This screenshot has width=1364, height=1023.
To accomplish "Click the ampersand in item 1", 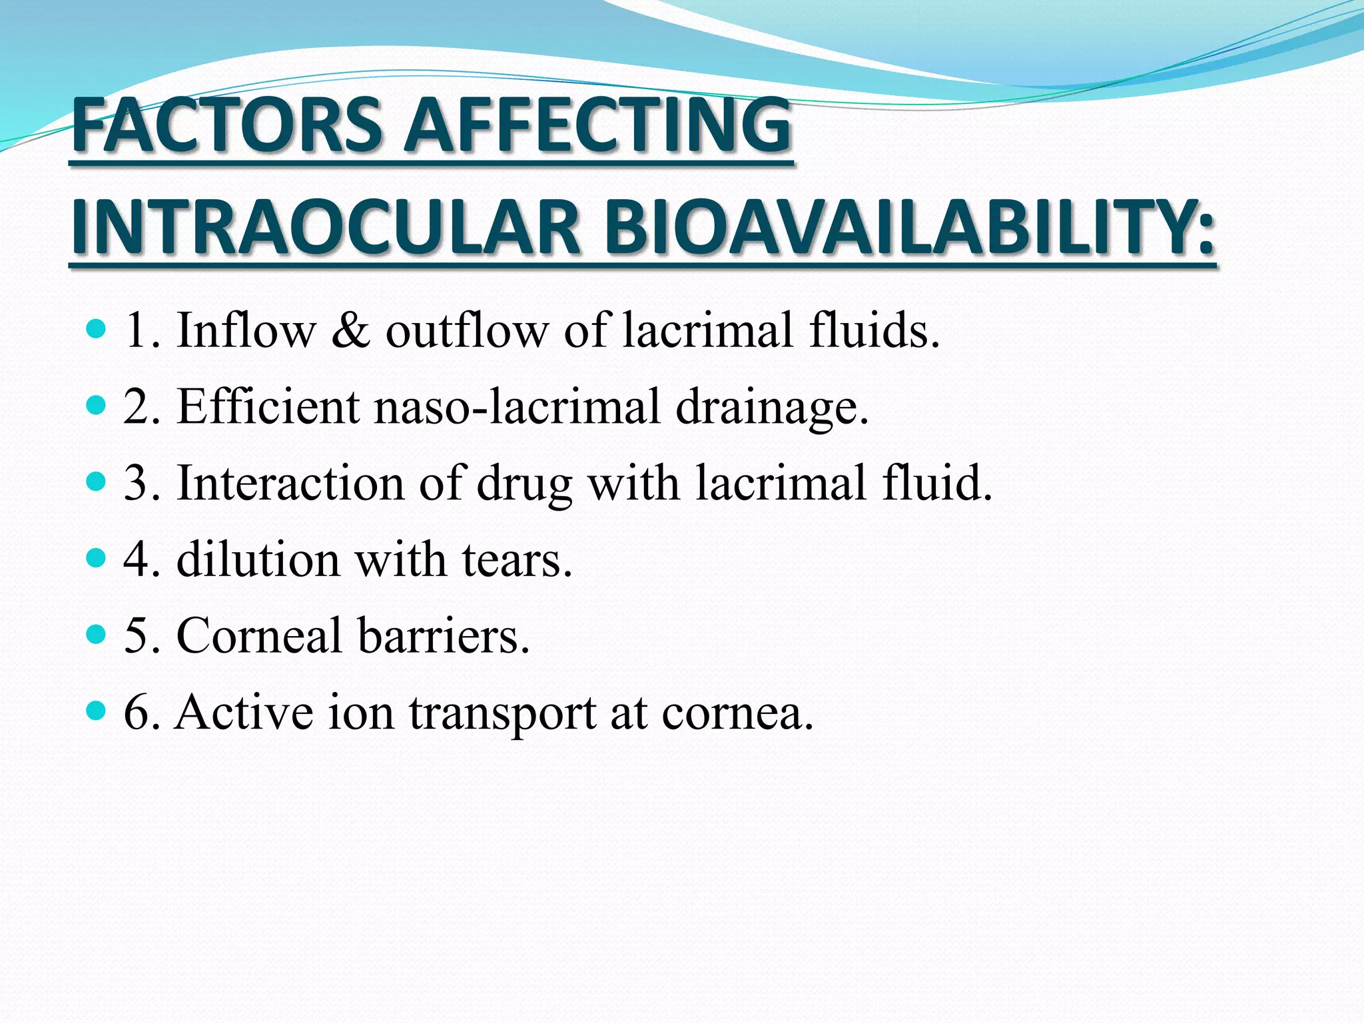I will point(350,330).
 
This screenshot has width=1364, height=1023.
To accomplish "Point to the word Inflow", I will point(246,330).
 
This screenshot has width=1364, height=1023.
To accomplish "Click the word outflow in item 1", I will point(466,330).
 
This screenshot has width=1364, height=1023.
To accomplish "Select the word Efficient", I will point(268,407).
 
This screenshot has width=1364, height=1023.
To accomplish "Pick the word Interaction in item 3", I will point(289,483).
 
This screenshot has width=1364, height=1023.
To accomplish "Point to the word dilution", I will point(258,559).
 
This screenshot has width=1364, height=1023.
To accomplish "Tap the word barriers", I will point(443,635).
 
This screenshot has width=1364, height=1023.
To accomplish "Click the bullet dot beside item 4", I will point(97,557).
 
